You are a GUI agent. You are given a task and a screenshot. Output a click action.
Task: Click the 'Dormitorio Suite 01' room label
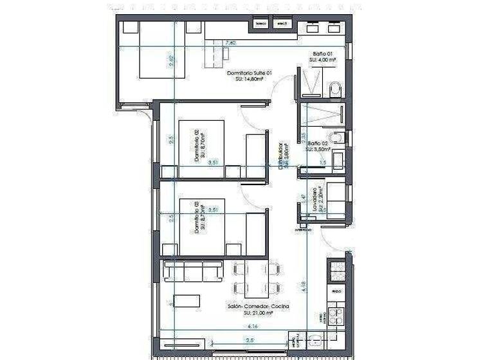(x=250, y=73)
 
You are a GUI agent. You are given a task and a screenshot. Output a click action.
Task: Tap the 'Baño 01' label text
(x=322, y=53)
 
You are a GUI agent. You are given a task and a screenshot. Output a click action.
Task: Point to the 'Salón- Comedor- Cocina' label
(x=258, y=307)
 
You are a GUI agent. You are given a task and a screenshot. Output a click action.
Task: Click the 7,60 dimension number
(x=230, y=43)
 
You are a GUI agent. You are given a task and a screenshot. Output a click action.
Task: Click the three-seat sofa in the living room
(x=192, y=270)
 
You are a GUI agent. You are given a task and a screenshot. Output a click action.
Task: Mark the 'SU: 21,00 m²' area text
(x=257, y=314)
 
